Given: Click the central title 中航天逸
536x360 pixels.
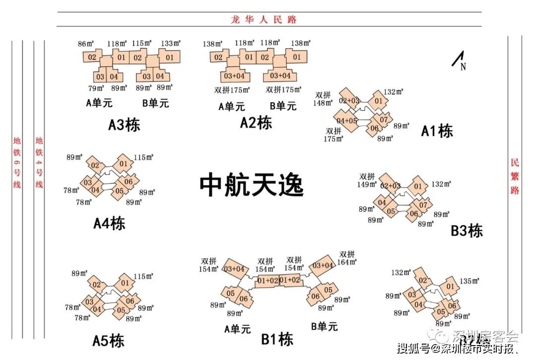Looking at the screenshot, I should pyautogui.click(x=251, y=185).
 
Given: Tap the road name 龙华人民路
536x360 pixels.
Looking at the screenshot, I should pyautogui.click(x=264, y=19).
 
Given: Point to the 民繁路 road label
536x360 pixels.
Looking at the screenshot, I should pyautogui.click(x=515, y=177).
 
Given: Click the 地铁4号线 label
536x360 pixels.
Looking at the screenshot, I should pyautogui.click(x=39, y=163).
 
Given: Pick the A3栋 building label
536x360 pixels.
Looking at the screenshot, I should pyautogui.click(x=124, y=124).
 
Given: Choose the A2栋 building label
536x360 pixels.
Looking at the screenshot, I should pyautogui.click(x=256, y=122).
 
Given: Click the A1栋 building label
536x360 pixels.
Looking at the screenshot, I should pyautogui.click(x=437, y=131).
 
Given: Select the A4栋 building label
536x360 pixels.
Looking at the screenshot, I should pyautogui.click(x=109, y=223).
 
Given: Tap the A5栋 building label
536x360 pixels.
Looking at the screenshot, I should pyautogui.click(x=108, y=341).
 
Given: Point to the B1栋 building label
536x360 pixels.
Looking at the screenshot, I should pyautogui.click(x=277, y=339).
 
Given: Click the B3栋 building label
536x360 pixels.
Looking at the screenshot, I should pyautogui.click(x=467, y=231).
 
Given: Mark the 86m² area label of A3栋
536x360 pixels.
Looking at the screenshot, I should pyautogui.click(x=86, y=44).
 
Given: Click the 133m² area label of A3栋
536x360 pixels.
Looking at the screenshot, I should pyautogui.click(x=170, y=44).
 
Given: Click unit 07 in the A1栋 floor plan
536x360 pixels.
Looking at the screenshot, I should pyautogui.click(x=384, y=120).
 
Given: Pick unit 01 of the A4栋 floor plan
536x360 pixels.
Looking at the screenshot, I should pyautogui.click(x=123, y=164).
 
